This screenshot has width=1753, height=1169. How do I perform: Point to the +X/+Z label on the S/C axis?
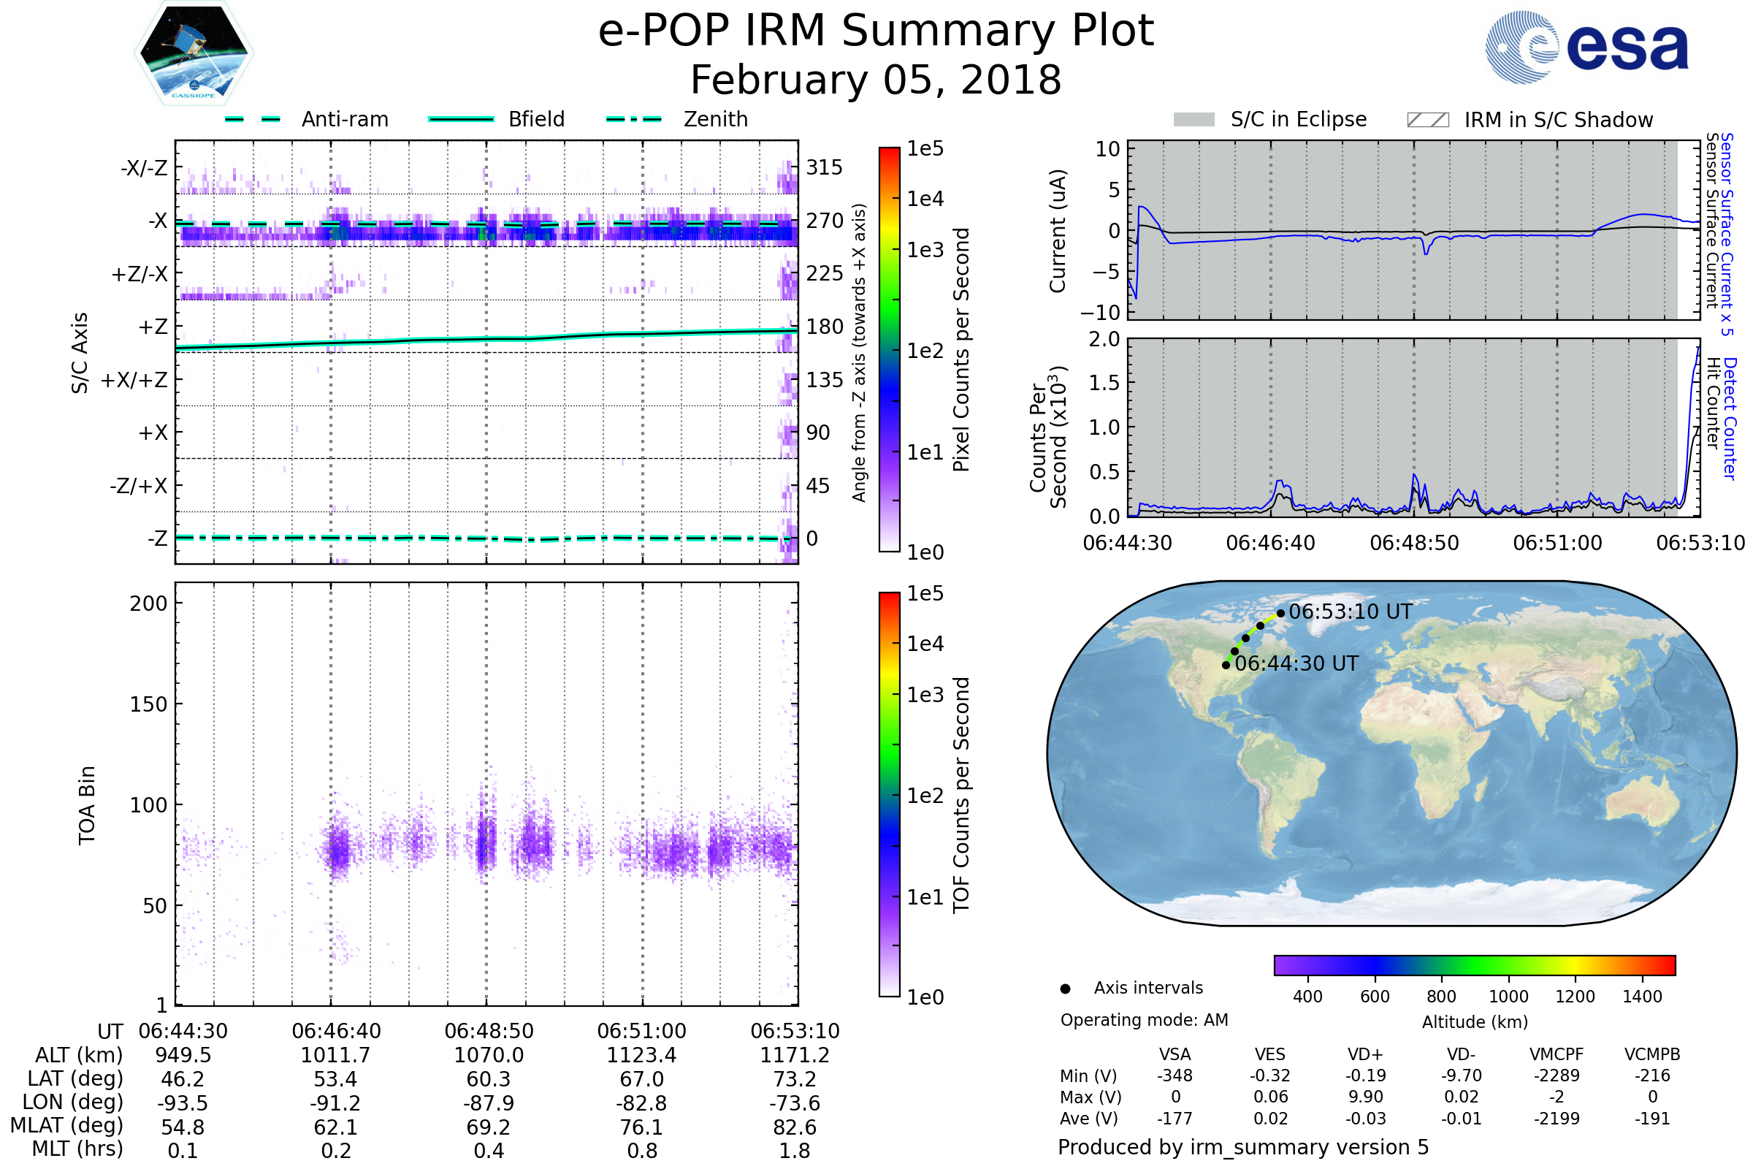(134, 380)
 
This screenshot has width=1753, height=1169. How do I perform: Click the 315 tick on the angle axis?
(824, 167)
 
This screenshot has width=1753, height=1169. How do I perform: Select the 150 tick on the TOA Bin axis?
(148, 704)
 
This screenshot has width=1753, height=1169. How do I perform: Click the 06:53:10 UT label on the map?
(1350, 612)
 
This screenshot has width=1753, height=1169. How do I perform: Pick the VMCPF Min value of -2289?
(1557, 1075)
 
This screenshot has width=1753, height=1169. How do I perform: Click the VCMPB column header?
(1651, 1054)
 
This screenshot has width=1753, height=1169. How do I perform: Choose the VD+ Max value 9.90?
(1365, 1097)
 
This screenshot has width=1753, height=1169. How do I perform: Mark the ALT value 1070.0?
(489, 1056)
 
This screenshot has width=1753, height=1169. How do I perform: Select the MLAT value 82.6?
(795, 1127)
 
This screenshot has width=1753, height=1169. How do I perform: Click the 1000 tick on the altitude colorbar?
(1508, 997)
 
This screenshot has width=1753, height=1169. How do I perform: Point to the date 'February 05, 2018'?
(876, 80)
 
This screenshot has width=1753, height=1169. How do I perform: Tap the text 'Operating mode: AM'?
(1144, 1020)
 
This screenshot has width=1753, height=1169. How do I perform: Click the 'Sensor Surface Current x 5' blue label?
(1726, 235)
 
